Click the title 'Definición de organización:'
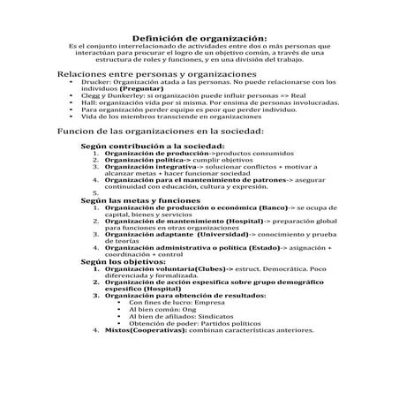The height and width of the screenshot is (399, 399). [x=199, y=38]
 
